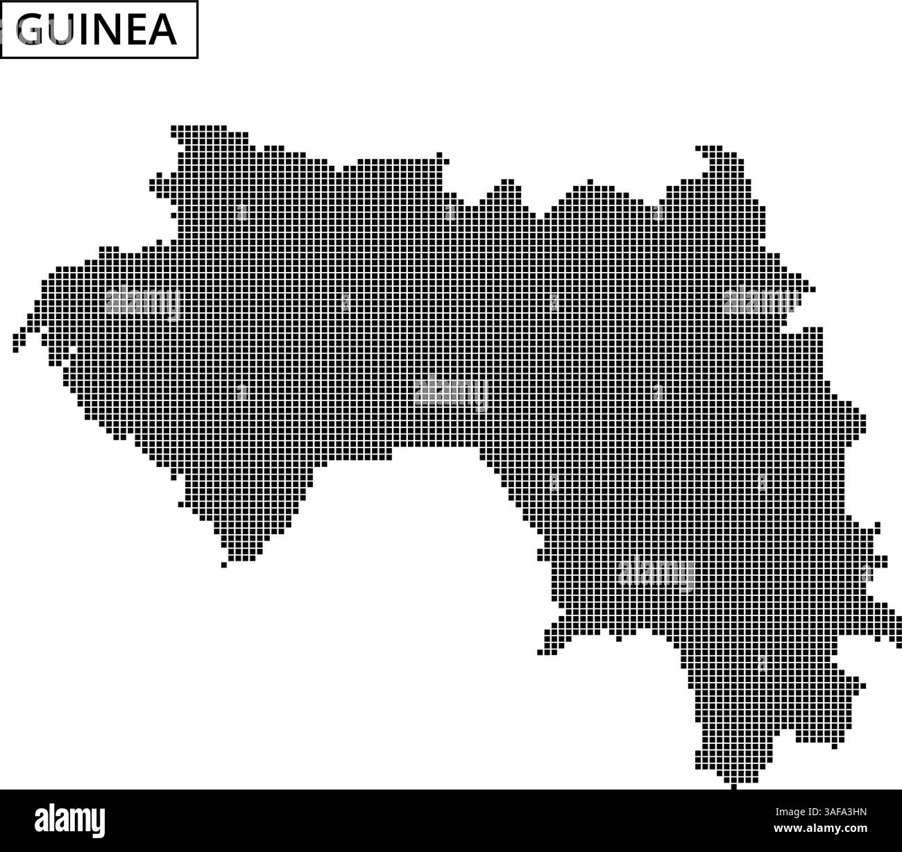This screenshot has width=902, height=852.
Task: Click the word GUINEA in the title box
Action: tap(96, 29)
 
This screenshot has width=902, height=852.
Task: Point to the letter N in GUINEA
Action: tap(107, 30)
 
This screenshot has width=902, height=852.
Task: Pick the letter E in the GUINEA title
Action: tap(136, 30)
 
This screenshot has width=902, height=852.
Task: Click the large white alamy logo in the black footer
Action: tap(70, 820)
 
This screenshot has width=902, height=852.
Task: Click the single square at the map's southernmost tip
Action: tap(734, 786)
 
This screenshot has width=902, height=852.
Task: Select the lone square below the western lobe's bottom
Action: tap(223, 565)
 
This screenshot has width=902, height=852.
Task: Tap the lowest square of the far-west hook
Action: tap(15, 349)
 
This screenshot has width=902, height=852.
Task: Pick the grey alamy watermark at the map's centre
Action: tap(451, 393)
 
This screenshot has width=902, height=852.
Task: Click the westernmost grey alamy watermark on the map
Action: tap(142, 302)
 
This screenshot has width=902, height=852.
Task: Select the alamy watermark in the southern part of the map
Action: tap(655, 573)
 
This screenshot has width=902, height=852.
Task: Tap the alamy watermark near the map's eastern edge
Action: tap(760, 301)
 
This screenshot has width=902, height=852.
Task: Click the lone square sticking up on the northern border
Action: tap(590, 182)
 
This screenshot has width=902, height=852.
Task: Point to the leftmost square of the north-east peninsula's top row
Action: tap(698, 148)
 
